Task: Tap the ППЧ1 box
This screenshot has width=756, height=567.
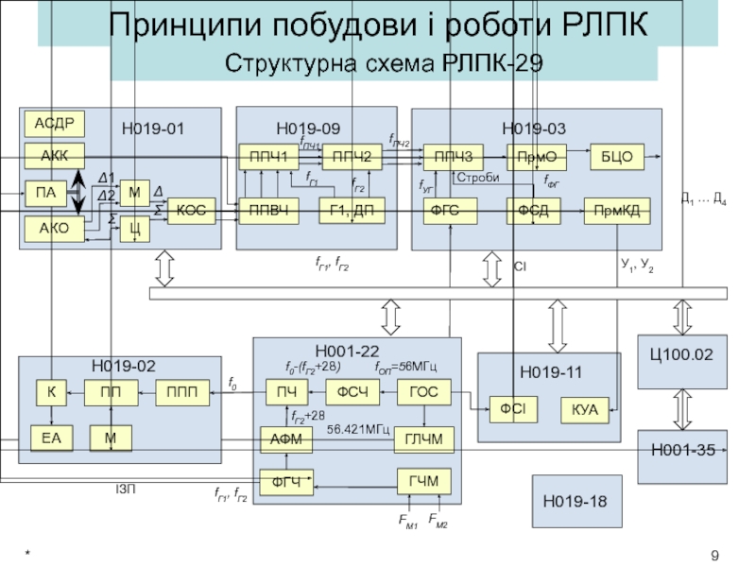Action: [267, 156]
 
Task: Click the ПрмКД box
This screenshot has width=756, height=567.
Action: [617, 212]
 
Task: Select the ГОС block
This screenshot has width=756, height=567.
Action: [424, 390]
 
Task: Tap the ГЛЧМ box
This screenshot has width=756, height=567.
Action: [424, 438]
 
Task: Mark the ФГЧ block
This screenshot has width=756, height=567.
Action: [286, 482]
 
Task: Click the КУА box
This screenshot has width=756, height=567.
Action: [586, 410]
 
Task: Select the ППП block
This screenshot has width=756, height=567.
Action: [182, 391]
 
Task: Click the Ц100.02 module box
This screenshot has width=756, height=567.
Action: [680, 355]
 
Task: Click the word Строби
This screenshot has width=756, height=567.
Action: [477, 178]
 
